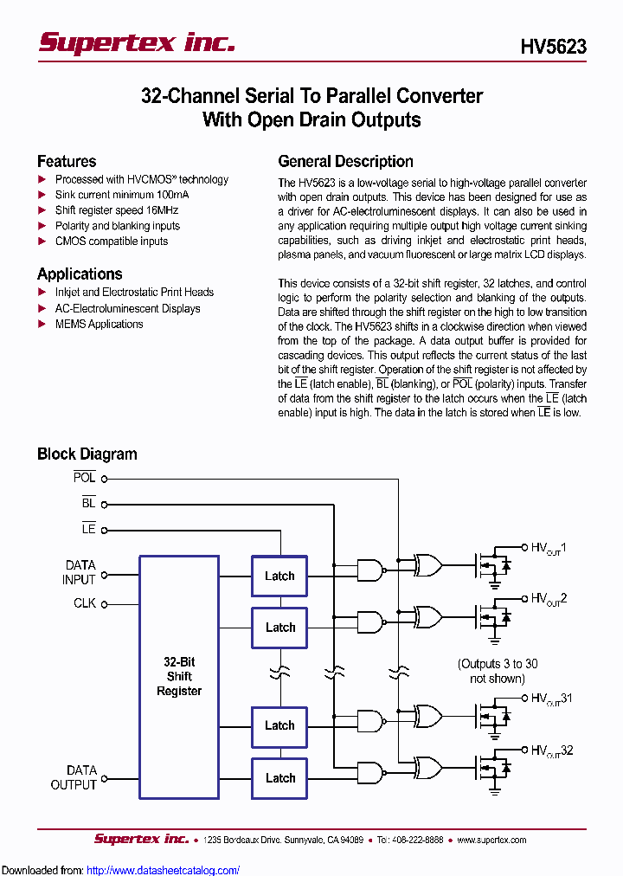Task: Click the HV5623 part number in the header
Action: [x=553, y=47]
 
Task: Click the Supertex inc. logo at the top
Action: [x=137, y=42]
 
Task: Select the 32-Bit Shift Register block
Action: [x=179, y=676]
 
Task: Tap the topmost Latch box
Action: [x=279, y=576]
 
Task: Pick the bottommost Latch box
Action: [x=279, y=778]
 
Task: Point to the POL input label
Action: [x=85, y=478]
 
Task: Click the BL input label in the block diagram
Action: [x=88, y=503]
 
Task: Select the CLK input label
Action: [x=85, y=603]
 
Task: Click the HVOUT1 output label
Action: [x=549, y=548]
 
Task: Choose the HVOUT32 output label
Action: [x=551, y=751]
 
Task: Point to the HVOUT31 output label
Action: [x=551, y=699]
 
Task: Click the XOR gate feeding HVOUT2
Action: [x=428, y=617]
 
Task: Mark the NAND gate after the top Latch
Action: [x=371, y=570]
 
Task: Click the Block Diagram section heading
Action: [x=87, y=454]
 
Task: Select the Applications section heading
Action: [x=80, y=274]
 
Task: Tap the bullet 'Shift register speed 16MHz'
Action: [x=117, y=210]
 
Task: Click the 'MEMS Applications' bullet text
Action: [x=99, y=324]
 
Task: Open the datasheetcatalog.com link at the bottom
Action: [x=164, y=870]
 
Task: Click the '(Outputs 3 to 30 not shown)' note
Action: [x=497, y=671]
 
